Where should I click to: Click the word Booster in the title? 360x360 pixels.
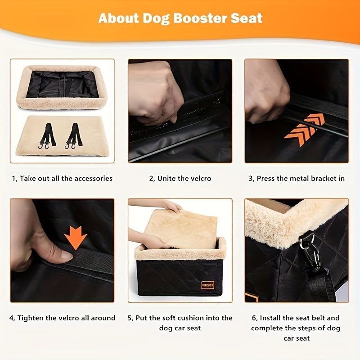pos(200,18)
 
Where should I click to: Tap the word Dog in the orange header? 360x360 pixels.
pos(156,19)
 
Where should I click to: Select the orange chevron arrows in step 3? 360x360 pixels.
pos(305,129)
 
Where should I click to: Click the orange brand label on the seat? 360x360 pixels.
pos(208,285)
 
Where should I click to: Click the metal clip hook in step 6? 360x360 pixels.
pos(311,252)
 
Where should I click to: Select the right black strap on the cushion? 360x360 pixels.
pos(73,136)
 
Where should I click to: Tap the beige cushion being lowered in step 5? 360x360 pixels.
pos(181,229)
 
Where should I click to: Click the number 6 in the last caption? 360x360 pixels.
pos(254,318)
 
